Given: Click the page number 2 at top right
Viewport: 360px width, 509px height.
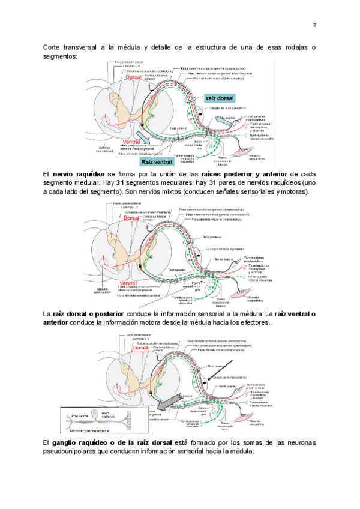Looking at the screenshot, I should pyautogui.click(x=314, y=25).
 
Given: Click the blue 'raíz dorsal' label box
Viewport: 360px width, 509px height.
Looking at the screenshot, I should pyautogui.click(x=220, y=98).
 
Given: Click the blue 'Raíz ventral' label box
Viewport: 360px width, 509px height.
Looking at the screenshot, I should pyautogui.click(x=155, y=162).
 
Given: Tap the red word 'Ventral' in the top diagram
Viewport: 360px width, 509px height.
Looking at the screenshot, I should pyautogui.click(x=131, y=142).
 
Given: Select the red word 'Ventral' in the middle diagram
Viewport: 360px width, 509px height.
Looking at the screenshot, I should pyautogui.click(x=128, y=283).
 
